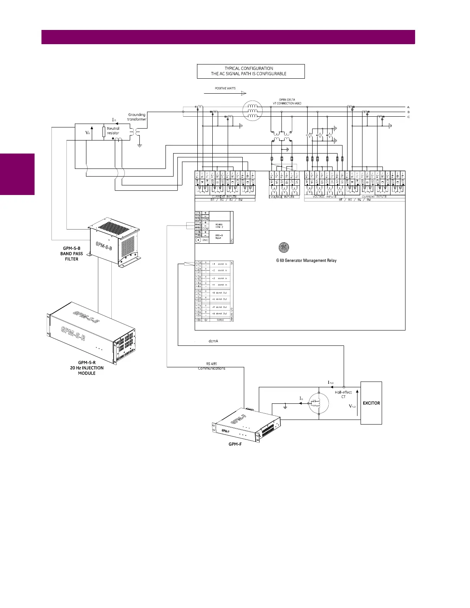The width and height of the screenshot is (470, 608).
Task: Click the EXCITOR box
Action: pyautogui.click(x=371, y=403)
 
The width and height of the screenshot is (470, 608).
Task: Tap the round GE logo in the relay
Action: pyautogui.click(x=283, y=248)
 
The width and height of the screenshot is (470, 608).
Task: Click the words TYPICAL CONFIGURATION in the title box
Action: pyautogui.click(x=249, y=68)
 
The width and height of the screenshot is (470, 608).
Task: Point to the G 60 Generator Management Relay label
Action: pyautogui.click(x=306, y=261)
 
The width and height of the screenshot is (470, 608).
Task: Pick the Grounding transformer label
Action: pyautogui.click(x=137, y=117)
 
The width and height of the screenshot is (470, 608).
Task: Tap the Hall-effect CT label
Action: pyautogui.click(x=343, y=395)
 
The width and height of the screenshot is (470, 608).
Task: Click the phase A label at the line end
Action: pyautogui.click(x=408, y=107)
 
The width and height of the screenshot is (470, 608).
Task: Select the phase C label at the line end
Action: pyautogui.click(x=408, y=117)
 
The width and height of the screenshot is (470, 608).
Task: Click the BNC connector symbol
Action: pyautogui.click(x=199, y=240)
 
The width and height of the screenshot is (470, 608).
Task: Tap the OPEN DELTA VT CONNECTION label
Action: pyautogui.click(x=287, y=102)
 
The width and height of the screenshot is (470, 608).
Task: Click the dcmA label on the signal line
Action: pyautogui.click(x=213, y=341)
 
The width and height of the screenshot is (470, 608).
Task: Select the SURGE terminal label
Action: pyautogui.click(x=220, y=320)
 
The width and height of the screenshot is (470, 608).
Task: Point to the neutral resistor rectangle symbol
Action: pyautogui.click(x=104, y=132)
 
